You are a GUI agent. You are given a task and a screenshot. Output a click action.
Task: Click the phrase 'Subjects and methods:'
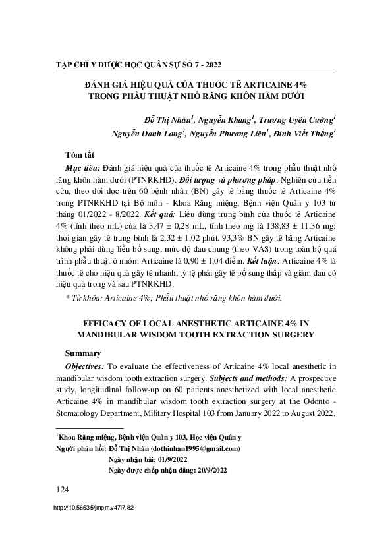click(245, 380)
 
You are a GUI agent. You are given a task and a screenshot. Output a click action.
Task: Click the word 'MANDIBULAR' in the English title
click(105, 335)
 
